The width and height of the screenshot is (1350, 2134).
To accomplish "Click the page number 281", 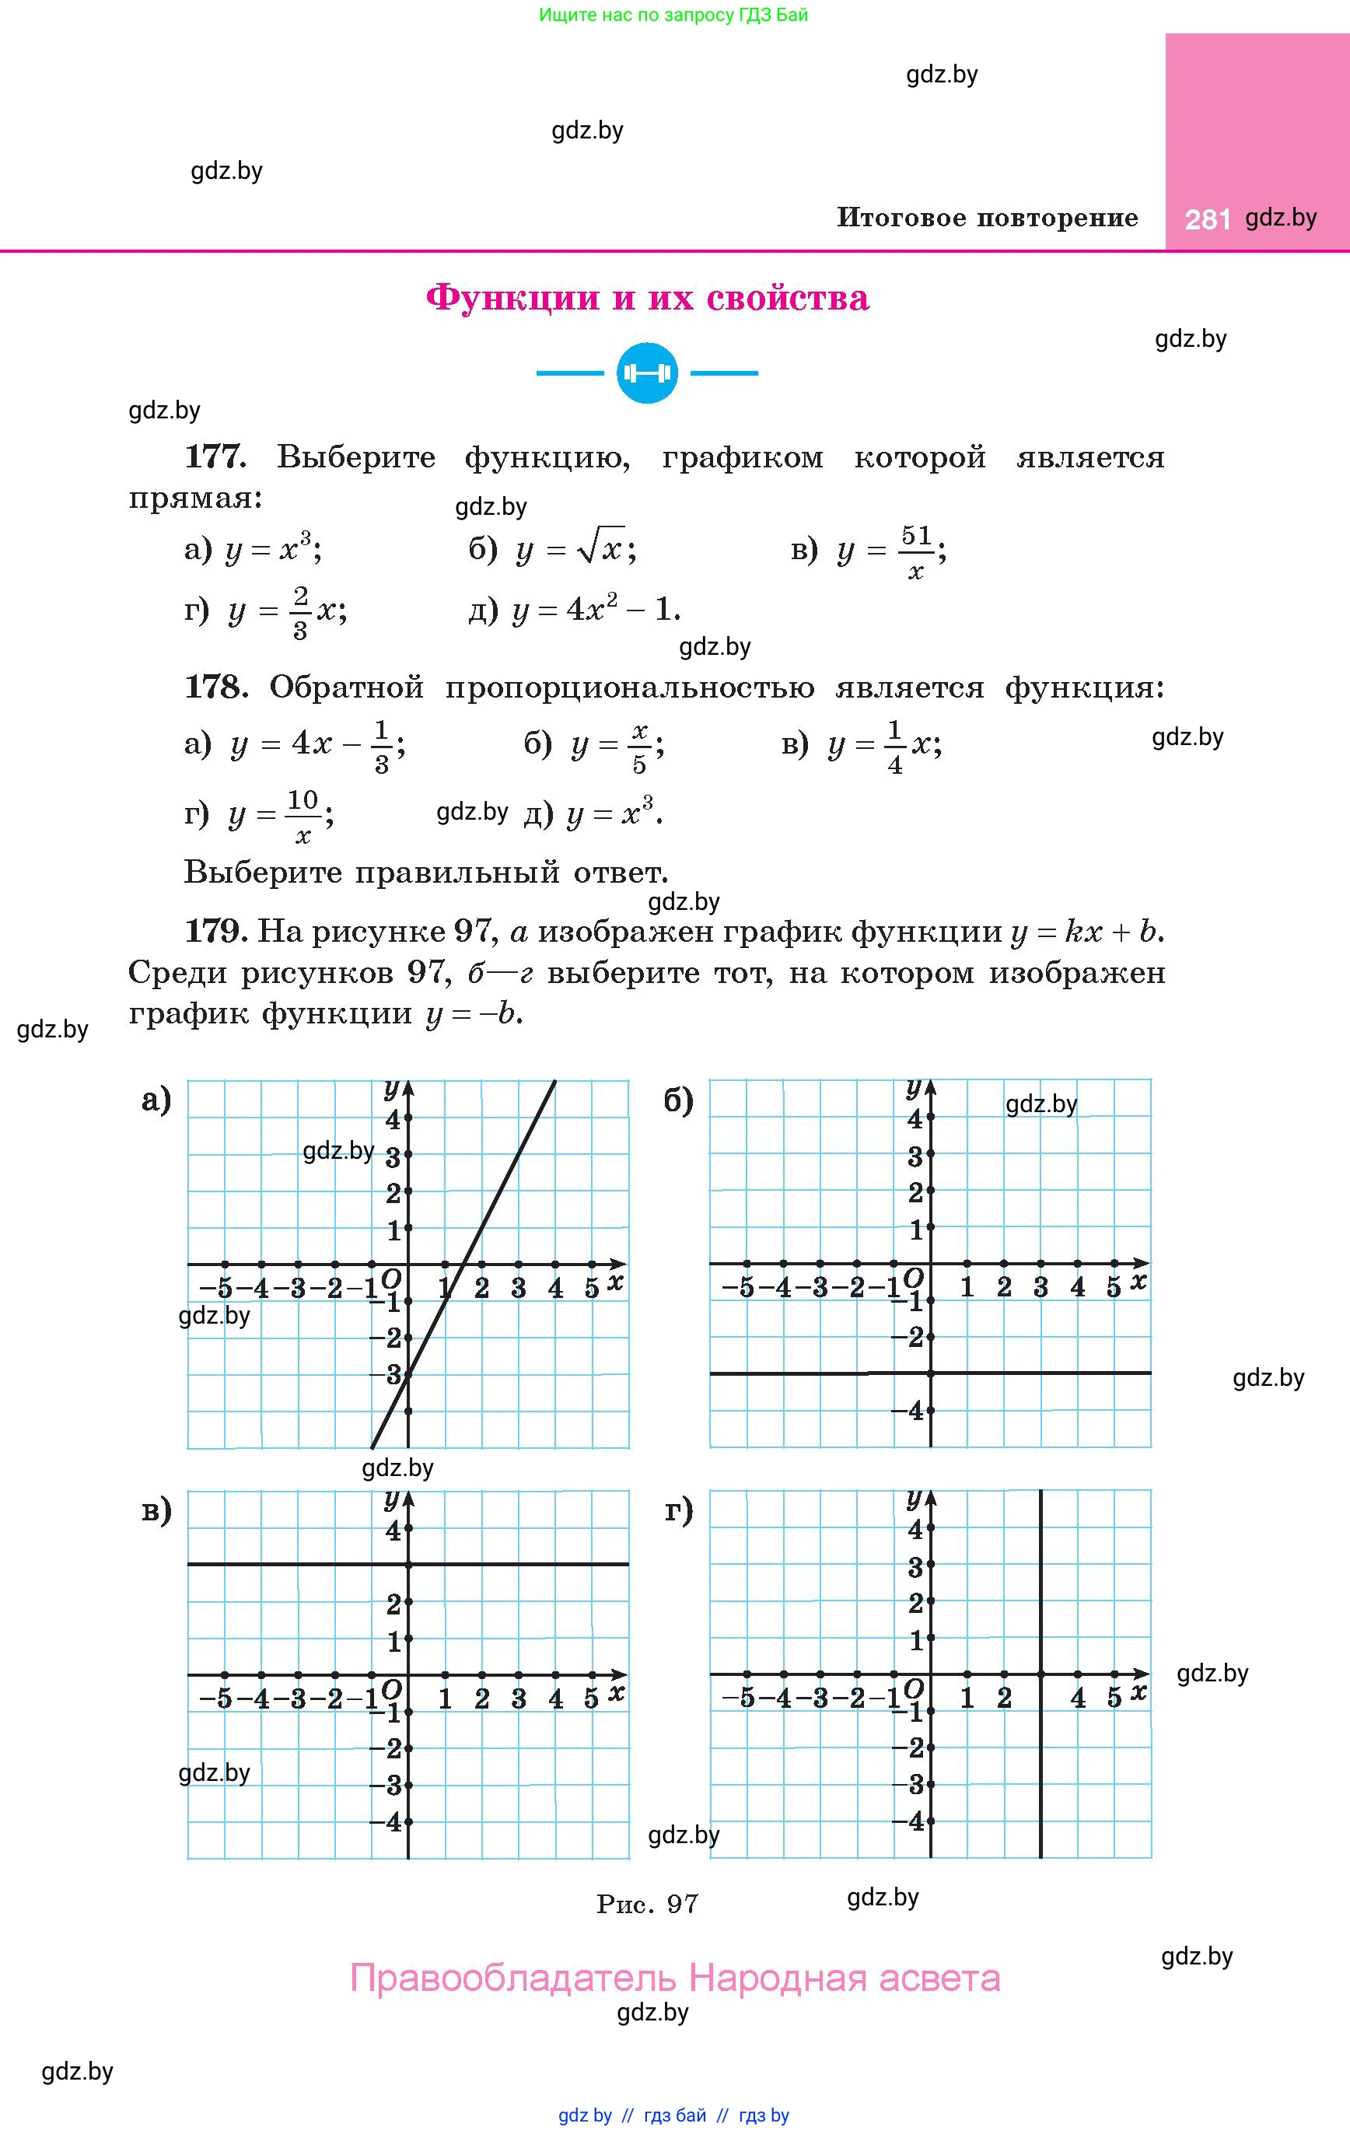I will [1207, 219].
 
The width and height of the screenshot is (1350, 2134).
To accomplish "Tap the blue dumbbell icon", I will [647, 373].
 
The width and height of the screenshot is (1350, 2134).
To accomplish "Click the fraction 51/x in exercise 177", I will [915, 552].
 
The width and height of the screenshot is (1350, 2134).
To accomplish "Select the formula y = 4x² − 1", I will [596, 610].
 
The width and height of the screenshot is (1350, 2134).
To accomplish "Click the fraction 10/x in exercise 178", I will [303, 815].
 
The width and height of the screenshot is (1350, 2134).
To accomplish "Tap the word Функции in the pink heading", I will [512, 298].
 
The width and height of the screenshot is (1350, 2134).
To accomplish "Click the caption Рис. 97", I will [647, 1904].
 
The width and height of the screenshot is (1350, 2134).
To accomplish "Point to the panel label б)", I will [679, 1100].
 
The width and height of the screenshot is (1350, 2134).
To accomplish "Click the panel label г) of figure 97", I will [679, 1510].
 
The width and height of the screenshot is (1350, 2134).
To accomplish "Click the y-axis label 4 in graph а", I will [393, 1119].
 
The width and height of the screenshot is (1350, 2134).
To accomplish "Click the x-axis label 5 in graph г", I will [1114, 1697].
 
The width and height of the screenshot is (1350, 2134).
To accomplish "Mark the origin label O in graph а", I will [391, 1279].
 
